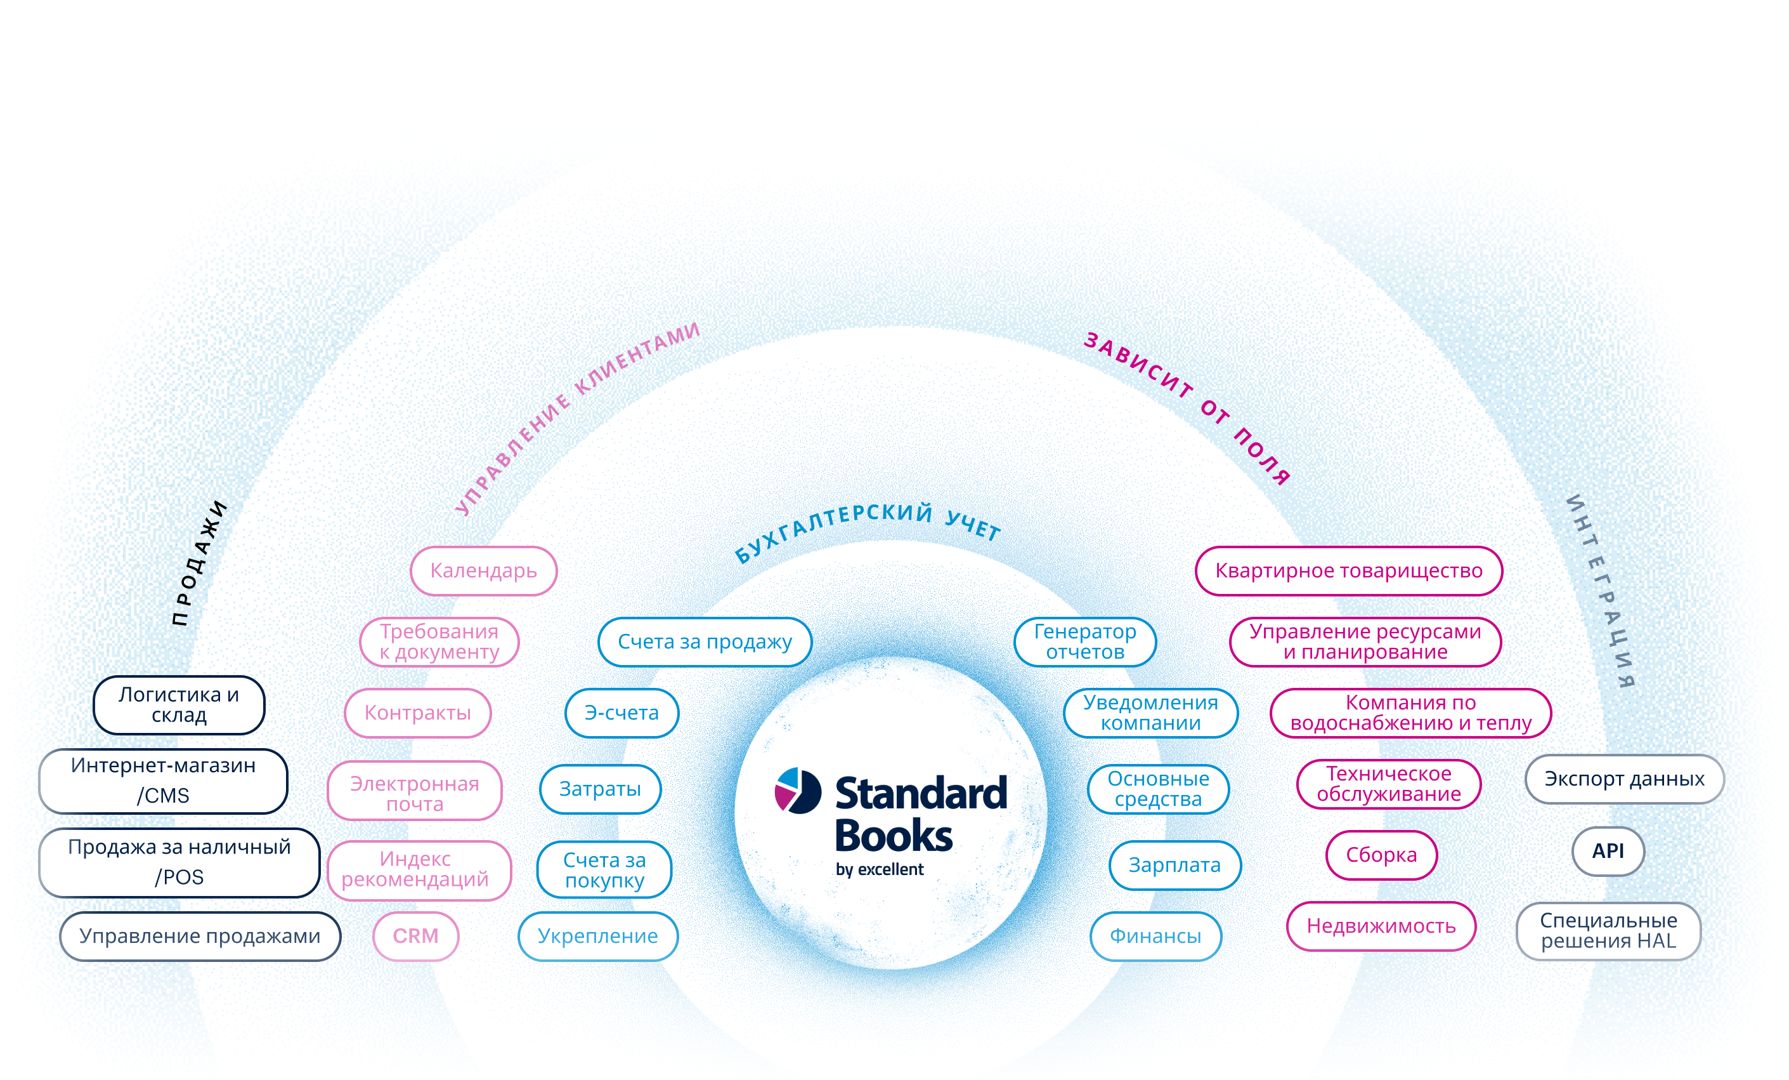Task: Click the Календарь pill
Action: pyautogui.click(x=483, y=571)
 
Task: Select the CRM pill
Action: pyautogui.click(x=416, y=935)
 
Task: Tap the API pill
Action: pyautogui.click(x=1608, y=850)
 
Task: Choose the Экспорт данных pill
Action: pyautogui.click(x=1624, y=779)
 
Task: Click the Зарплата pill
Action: pyautogui.click(x=1174, y=865)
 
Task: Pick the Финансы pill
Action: pyautogui.click(x=1155, y=935)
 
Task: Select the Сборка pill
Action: pyautogui.click(x=1381, y=855)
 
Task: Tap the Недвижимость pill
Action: pyautogui.click(x=1381, y=926)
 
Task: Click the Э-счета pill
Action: pyautogui.click(x=621, y=713)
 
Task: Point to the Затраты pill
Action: pyautogui.click(x=600, y=789)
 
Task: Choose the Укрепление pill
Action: pyautogui.click(x=597, y=935)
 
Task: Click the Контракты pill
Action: pyautogui.click(x=417, y=713)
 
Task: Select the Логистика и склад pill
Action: pyautogui.click(x=179, y=704)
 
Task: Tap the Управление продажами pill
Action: pyautogui.click(x=200, y=935)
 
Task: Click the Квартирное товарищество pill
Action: pyautogui.click(x=1348, y=571)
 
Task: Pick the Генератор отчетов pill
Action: pyautogui.click(x=1084, y=642)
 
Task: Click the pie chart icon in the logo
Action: pyautogui.click(x=798, y=790)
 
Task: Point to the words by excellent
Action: pyautogui.click(x=879, y=869)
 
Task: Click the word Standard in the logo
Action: pyautogui.click(x=921, y=793)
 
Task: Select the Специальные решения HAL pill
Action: pyautogui.click(x=1608, y=930)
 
